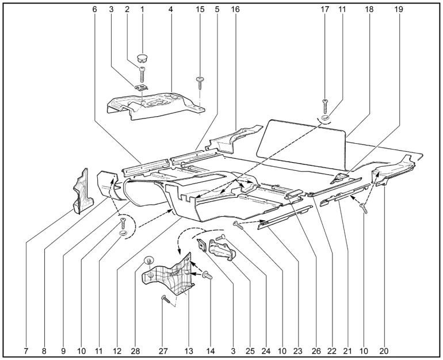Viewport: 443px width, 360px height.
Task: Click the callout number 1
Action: (x=142, y=9)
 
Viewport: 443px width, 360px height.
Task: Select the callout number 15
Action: (x=200, y=9)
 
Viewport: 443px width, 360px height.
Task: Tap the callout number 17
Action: (x=325, y=9)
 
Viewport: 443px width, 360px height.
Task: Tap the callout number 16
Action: (x=235, y=9)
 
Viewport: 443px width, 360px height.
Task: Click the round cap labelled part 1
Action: (x=143, y=58)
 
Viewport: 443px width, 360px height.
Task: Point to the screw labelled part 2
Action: (x=142, y=74)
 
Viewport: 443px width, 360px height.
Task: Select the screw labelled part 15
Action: (x=200, y=82)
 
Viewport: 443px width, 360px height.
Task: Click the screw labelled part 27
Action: (x=165, y=298)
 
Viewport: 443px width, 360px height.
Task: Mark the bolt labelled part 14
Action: (x=207, y=277)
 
